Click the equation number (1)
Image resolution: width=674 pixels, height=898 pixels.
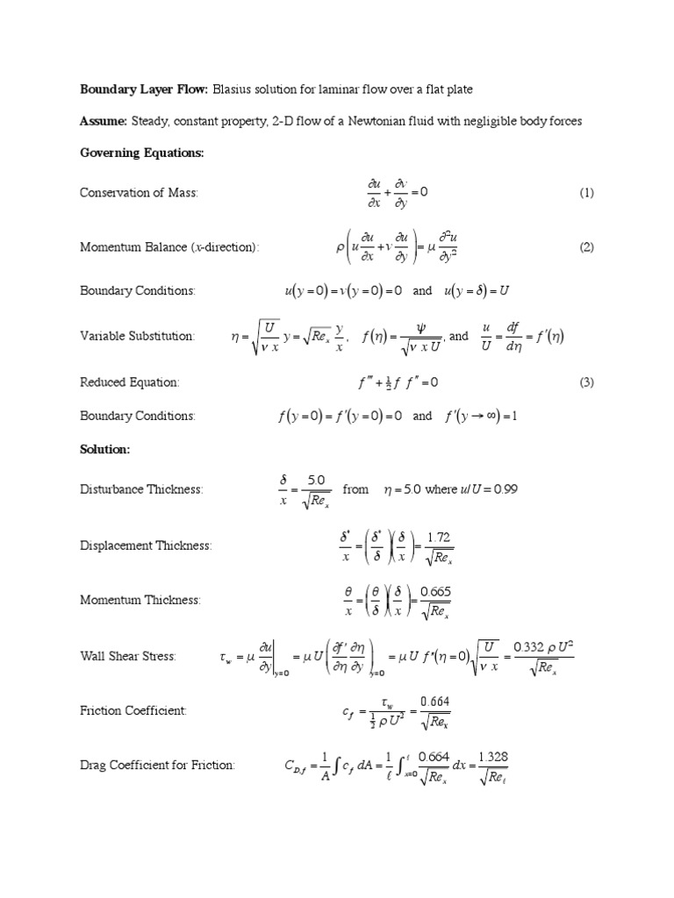[x=586, y=193]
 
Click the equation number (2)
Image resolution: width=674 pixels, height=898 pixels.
[x=586, y=247]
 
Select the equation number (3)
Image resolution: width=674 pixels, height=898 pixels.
[x=586, y=382]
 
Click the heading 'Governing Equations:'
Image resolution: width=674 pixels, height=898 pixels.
[x=142, y=153]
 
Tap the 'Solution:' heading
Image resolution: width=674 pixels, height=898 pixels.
[x=105, y=448]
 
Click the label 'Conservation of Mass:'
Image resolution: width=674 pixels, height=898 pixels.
[x=140, y=193]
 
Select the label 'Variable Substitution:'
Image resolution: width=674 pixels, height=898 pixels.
[x=138, y=336]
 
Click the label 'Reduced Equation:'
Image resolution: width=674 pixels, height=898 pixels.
[x=130, y=382]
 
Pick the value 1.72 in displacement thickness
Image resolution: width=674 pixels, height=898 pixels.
[x=439, y=536]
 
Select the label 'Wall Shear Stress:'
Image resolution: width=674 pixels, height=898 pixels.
[x=128, y=656]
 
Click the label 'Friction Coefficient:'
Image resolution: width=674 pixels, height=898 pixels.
[x=133, y=710]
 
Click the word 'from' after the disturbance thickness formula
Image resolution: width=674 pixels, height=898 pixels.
[x=355, y=489]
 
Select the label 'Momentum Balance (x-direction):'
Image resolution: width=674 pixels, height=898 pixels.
[x=170, y=247]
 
